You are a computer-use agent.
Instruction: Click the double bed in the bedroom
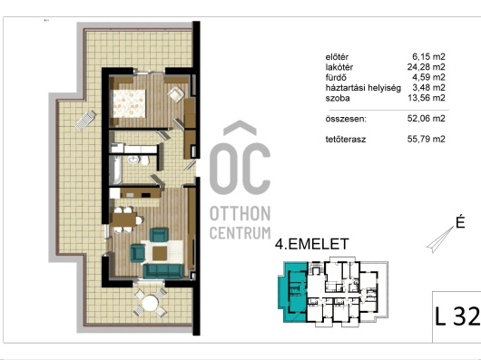point(128,103)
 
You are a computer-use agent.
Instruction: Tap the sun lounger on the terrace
point(85,120)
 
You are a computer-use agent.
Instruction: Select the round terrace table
point(151,303)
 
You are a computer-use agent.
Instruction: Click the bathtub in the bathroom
point(115,170)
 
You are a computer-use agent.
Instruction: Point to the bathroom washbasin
point(133,160)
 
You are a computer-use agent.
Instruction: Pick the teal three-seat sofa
point(163,271)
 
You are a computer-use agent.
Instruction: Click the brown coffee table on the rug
point(160,253)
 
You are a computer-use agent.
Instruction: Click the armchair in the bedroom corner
point(176,93)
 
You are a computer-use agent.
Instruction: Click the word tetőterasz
point(346,140)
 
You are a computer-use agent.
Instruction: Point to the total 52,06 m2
point(426,118)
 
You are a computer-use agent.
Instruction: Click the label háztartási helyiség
point(363,88)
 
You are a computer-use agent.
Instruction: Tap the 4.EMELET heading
point(311,244)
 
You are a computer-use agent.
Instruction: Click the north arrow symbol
point(440,239)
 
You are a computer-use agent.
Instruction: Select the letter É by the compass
point(460,222)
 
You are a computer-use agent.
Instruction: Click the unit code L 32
point(457,316)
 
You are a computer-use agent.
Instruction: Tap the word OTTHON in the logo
point(240,213)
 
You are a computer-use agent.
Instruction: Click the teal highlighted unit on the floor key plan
point(292,292)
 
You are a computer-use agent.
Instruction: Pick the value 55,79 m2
point(426,139)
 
